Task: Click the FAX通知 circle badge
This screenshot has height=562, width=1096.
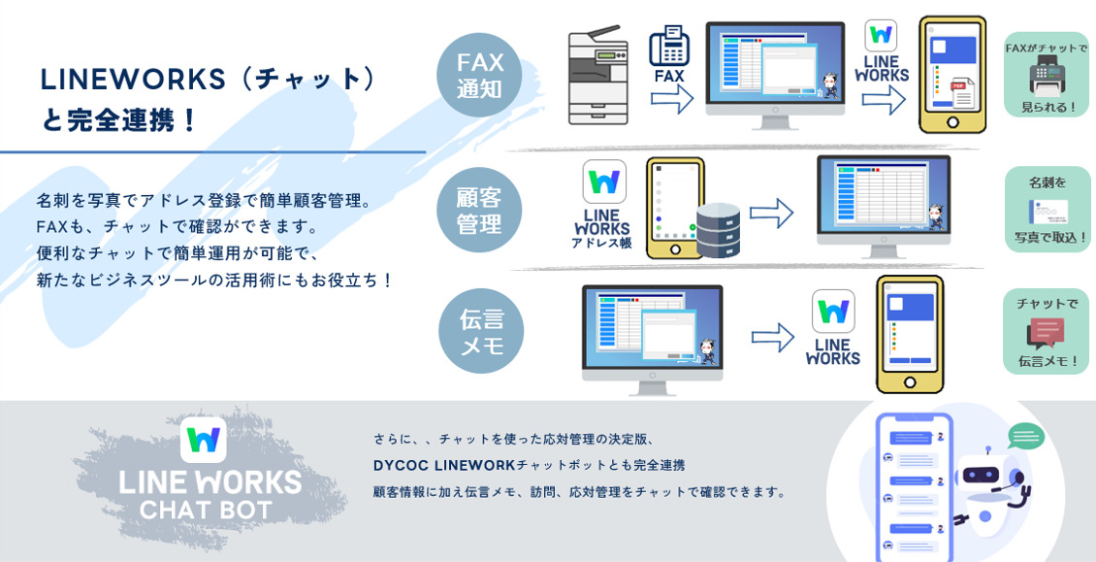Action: [x=479, y=76]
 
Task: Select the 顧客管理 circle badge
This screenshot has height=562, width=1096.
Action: [x=479, y=210]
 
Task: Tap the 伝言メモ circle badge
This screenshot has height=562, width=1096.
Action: [x=481, y=332]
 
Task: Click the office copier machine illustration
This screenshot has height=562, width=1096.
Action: [x=597, y=76]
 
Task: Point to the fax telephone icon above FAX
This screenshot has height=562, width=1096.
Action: [x=669, y=45]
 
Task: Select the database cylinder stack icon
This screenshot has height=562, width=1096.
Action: [x=718, y=229]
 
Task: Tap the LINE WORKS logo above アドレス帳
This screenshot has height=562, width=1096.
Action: [x=603, y=182]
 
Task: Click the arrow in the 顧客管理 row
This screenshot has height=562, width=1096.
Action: [x=771, y=214]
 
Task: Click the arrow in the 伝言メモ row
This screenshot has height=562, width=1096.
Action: [x=772, y=337]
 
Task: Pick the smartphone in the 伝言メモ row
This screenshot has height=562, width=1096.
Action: [x=909, y=334]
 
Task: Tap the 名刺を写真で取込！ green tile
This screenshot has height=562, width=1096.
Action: [x=1048, y=210]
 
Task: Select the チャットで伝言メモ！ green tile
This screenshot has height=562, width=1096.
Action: [x=1047, y=332]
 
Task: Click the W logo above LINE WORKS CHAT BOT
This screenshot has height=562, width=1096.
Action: [x=203, y=440]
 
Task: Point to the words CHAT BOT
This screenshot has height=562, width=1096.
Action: [x=206, y=509]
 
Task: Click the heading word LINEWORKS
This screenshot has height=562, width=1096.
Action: [x=133, y=80]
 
